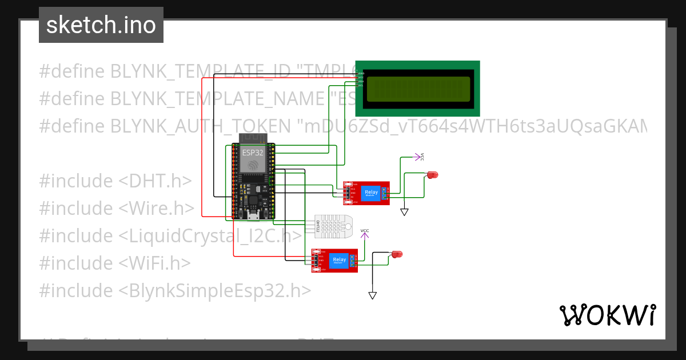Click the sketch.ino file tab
coord(101,25)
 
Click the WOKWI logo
coord(607,315)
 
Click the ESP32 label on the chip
coord(253,153)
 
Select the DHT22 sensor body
coord(333,227)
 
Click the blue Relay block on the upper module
coord(371,193)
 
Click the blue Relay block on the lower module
coord(339,261)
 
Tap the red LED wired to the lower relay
coord(396,254)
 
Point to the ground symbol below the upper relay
coord(405,212)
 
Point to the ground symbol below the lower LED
coord(373,295)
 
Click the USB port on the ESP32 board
coord(253,216)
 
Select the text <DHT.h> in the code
coord(155,181)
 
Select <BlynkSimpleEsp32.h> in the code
coord(215,290)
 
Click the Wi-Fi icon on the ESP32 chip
coord(253,165)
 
